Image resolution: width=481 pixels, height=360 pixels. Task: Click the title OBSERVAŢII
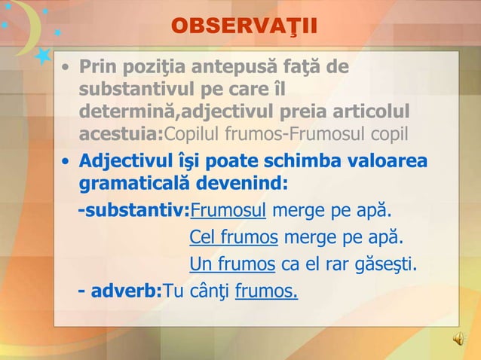tap(244, 26)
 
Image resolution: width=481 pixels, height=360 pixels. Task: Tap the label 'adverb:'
tap(126, 290)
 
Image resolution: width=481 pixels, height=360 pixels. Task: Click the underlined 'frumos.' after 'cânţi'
tap(266, 290)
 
